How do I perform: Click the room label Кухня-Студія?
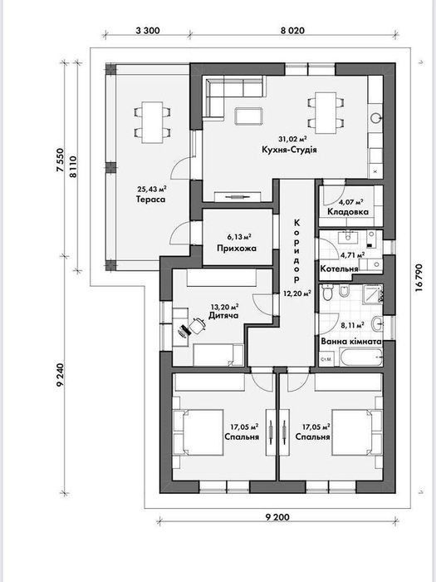(289, 150)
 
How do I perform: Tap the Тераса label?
(150, 200)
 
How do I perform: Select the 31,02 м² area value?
(292, 139)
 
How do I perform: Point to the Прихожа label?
(237, 249)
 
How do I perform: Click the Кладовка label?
(348, 211)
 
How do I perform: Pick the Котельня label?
(339, 269)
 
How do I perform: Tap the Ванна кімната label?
(351, 342)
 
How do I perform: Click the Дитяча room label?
(223, 315)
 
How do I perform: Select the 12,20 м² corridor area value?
(297, 293)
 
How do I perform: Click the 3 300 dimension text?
(148, 31)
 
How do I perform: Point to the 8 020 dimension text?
(292, 31)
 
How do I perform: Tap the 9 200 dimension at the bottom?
(277, 516)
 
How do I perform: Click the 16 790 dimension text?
(419, 277)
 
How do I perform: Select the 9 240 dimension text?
(61, 375)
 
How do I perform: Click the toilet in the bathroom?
(327, 293)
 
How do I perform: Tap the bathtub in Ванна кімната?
(361, 358)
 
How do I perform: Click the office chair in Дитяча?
(198, 326)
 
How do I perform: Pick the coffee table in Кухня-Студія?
(249, 116)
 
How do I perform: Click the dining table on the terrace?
(152, 122)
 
